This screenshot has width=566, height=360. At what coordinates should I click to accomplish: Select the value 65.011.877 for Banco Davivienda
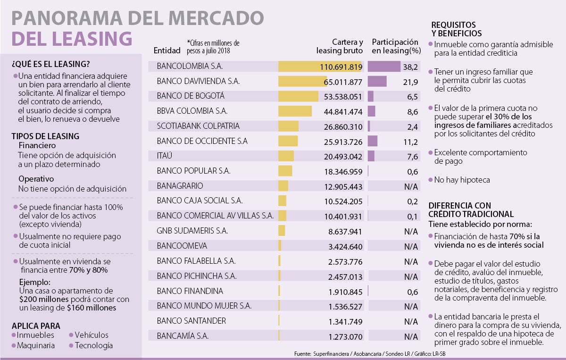[343, 82]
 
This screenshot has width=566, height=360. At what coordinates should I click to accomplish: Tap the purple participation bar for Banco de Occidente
[373, 141]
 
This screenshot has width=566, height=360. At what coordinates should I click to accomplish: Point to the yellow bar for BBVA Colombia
[295, 111]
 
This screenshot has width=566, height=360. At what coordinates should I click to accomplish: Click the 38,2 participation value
[409, 67]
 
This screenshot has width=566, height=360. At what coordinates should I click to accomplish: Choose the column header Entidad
[167, 50]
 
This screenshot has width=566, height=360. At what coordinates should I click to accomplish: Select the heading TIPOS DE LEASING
[45, 136]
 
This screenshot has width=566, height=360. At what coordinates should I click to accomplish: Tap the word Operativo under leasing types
[36, 179]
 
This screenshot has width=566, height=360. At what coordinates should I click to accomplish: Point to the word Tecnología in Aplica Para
[93, 345]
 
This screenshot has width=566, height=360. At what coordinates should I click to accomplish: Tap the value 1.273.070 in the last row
[345, 337]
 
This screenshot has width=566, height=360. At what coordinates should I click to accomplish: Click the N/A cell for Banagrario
[410, 186]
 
